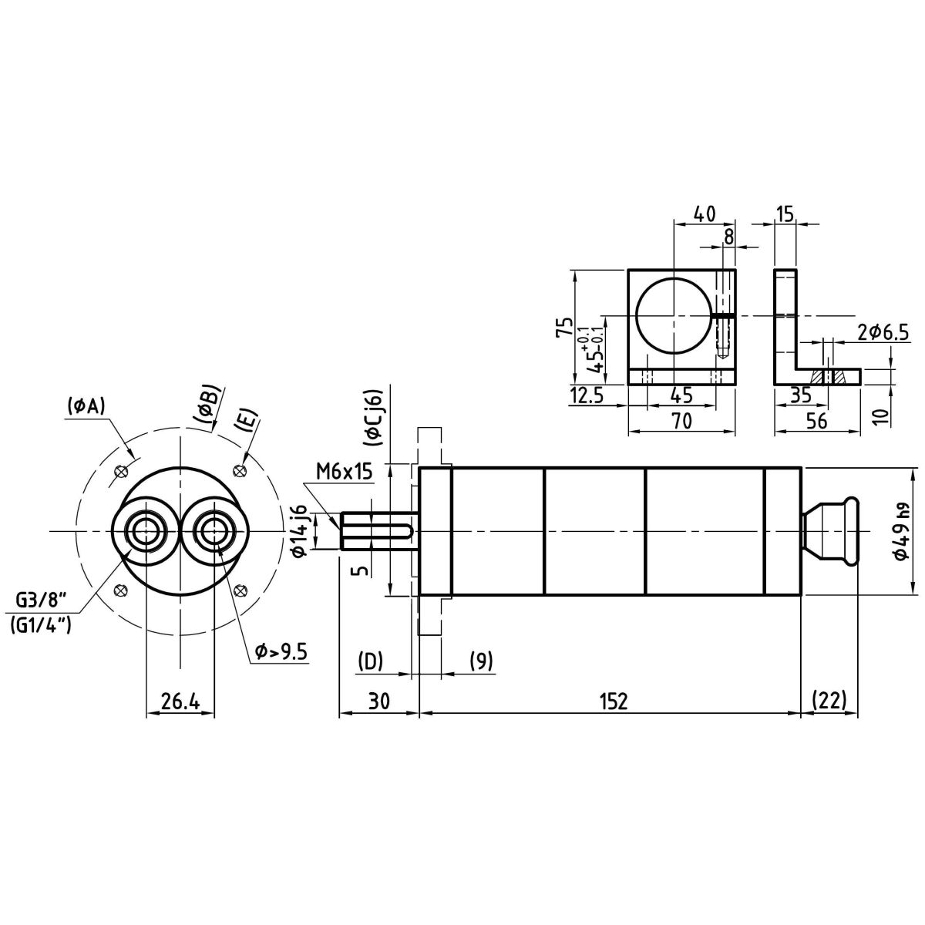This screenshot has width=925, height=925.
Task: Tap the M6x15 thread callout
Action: point(342,471)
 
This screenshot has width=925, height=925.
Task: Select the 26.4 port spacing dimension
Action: point(180,701)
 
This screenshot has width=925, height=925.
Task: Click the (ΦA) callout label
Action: point(86,405)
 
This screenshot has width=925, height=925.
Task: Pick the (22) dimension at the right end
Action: point(829,701)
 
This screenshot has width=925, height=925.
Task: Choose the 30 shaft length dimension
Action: point(378,701)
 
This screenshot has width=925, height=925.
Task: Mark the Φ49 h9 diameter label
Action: point(900,532)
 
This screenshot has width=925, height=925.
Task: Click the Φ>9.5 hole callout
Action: point(281,652)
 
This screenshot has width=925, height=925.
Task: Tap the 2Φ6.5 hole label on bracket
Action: point(883,332)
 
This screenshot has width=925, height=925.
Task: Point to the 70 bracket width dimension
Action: point(681,421)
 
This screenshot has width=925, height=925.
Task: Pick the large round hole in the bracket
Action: point(674,314)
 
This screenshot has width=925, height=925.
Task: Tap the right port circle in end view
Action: point(214,530)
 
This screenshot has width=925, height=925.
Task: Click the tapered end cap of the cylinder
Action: point(829,531)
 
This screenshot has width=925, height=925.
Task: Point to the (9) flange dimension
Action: point(481,661)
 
